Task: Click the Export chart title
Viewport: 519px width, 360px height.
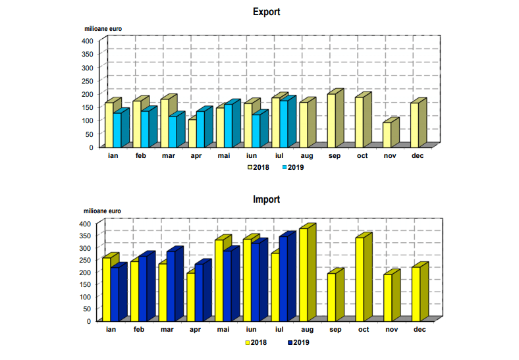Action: coord(266,11)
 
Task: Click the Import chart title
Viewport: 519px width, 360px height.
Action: coord(266,199)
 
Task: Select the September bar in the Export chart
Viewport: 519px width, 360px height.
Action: coord(331,120)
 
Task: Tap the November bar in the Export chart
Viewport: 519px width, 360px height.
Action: coord(387,134)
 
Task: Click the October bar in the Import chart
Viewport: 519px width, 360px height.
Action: coord(360,278)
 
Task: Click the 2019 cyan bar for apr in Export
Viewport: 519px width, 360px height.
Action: coord(200,128)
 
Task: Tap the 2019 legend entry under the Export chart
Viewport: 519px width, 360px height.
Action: coord(292,167)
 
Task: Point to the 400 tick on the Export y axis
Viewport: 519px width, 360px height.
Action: coord(87,41)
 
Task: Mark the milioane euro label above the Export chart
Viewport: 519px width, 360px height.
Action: coord(103,28)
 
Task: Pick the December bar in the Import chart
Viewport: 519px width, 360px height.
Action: coord(416,294)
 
